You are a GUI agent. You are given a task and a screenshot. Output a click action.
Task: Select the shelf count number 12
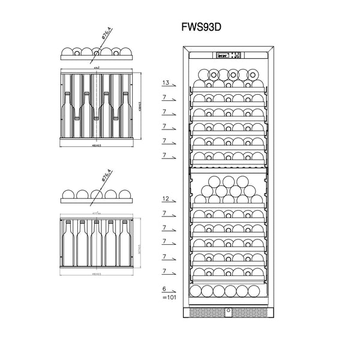click(166, 199)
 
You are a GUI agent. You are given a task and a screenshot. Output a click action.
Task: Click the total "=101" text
click(169, 296)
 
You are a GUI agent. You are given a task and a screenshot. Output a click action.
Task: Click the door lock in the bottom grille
click(229, 311)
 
